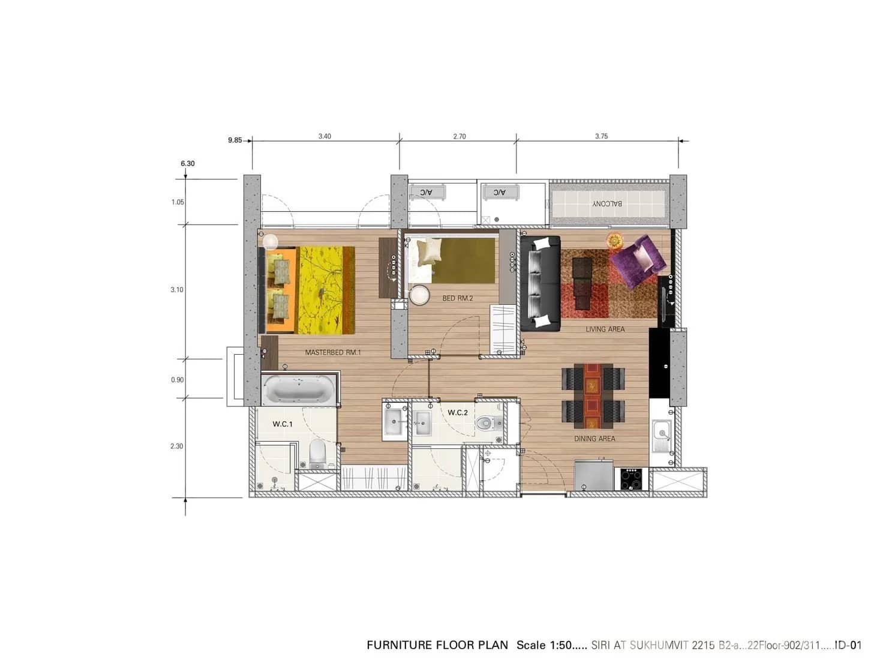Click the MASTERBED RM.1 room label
333,352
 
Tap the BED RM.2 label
458,298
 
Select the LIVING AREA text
605,329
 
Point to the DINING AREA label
594,439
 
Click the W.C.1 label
283,424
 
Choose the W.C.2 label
457,412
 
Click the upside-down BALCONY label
607,203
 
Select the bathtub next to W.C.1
298,389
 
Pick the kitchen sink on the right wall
662,432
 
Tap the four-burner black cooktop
631,479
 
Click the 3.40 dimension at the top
325,136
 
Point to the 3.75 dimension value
601,136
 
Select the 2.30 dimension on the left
176,446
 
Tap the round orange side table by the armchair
615,241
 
